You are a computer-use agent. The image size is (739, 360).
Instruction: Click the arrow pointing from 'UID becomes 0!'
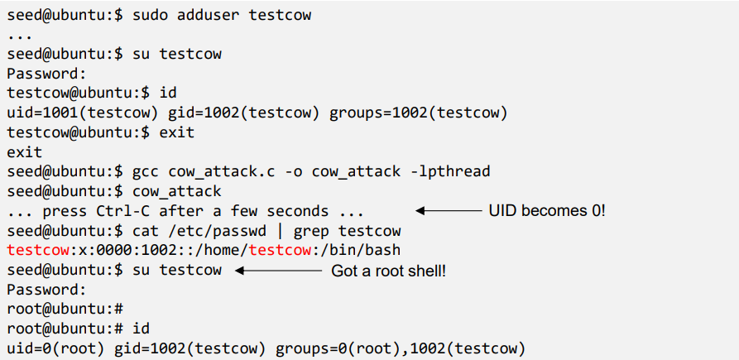(448, 211)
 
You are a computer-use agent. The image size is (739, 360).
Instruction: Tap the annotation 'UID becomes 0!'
(547, 211)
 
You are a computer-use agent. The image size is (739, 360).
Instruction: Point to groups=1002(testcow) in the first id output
(418, 112)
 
